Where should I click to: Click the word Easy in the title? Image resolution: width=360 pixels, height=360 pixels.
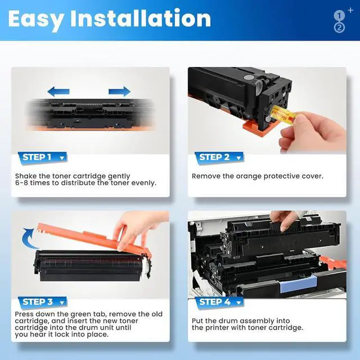click(35, 19)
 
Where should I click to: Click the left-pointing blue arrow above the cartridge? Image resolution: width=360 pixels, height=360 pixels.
click(58, 91)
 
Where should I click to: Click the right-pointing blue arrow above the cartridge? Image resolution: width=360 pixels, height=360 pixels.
click(119, 91)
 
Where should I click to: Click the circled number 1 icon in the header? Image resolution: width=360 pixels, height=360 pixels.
click(339, 16)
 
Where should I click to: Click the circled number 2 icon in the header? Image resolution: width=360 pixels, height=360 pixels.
click(339, 28)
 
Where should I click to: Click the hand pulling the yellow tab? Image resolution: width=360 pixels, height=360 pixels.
click(315, 132)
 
